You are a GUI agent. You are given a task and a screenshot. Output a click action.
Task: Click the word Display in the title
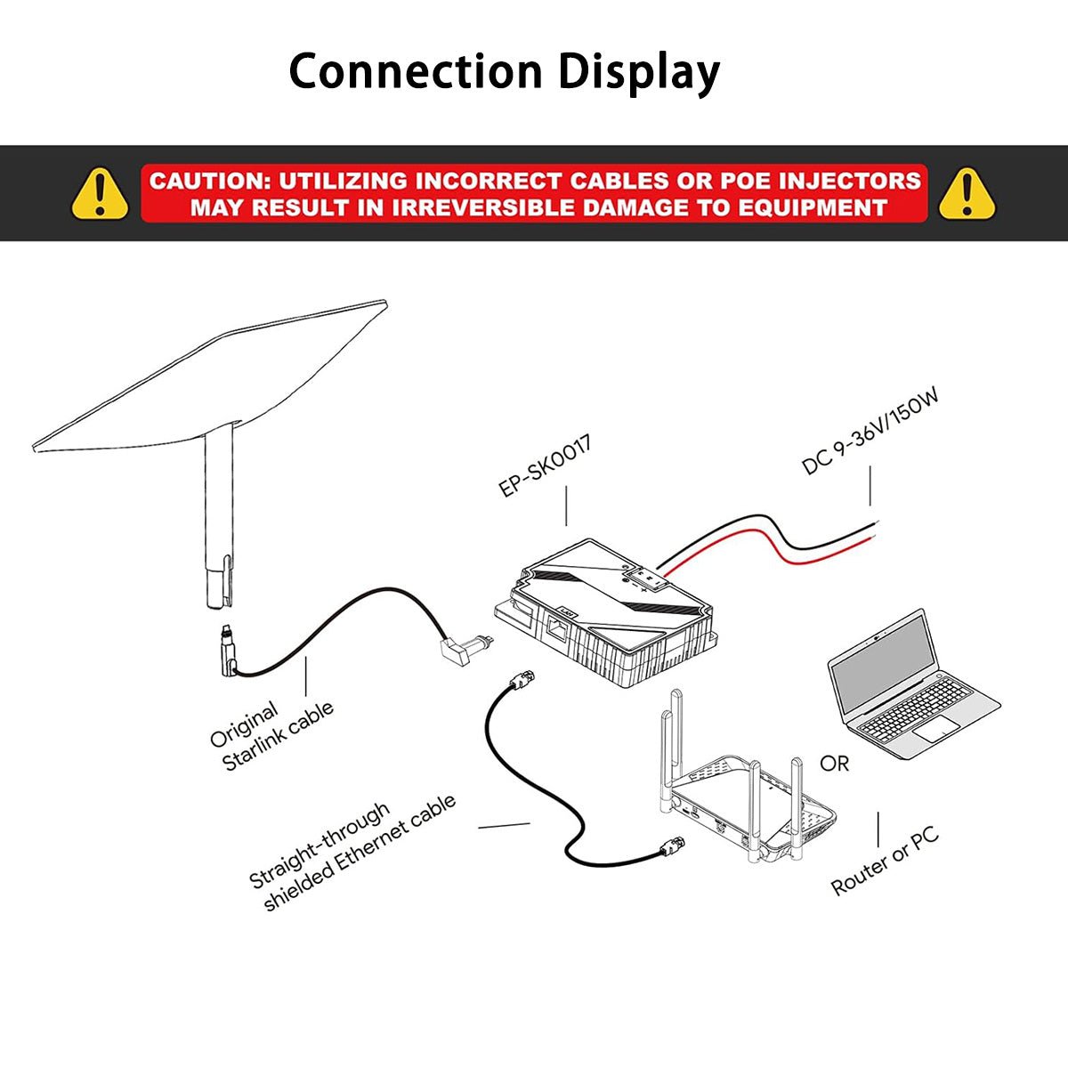click(x=638, y=73)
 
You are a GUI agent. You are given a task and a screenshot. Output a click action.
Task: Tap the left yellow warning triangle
click(x=100, y=193)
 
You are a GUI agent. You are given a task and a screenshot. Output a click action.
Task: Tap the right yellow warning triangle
click(x=967, y=193)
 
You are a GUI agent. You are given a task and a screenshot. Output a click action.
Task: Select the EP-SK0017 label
click(x=545, y=466)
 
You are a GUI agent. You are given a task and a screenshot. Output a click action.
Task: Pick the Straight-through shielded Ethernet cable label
click(x=352, y=852)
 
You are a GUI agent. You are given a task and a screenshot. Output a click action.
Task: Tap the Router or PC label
click(x=884, y=862)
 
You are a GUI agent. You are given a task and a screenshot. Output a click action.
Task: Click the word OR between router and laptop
click(x=834, y=764)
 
